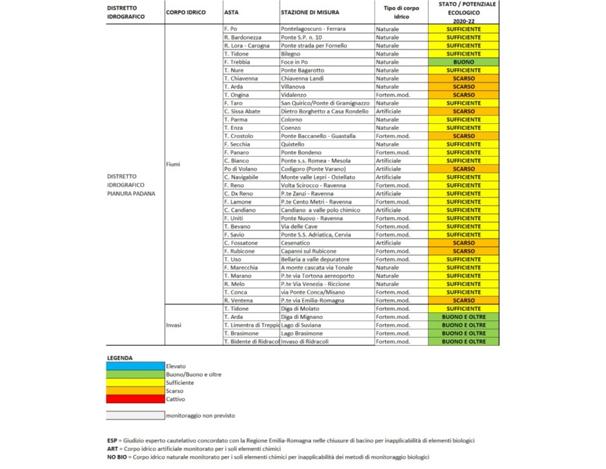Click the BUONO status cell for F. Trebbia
464,62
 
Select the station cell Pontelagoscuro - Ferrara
326,29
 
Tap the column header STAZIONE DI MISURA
310,13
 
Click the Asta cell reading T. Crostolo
250,136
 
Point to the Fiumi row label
173,164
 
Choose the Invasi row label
174,325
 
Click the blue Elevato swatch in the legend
135,366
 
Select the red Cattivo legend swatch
135,399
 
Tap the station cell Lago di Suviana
326,325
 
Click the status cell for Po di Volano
464,169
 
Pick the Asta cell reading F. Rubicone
250,251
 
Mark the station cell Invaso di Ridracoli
326,342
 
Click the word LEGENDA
120,358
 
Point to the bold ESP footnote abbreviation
113,441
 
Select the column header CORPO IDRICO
186,13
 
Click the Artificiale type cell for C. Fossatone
401,243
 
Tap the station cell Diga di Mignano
326,317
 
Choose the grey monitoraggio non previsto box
135,415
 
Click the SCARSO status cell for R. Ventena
464,301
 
